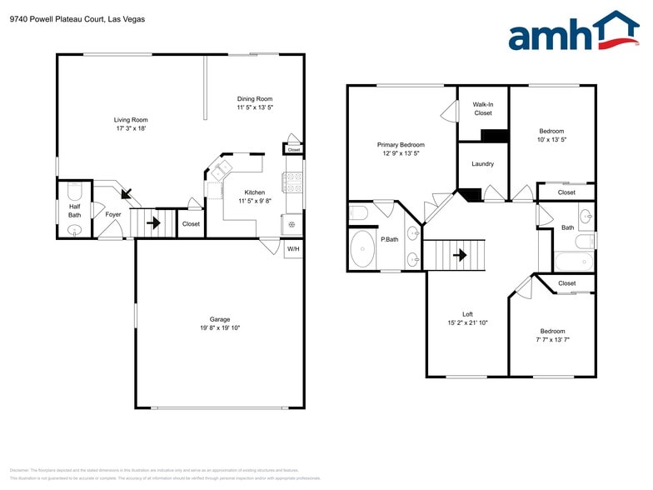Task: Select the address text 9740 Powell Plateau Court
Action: tap(57, 18)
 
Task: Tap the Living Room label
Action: tap(130, 119)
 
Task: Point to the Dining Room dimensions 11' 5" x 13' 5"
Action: tap(255, 107)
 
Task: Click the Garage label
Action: tap(220, 319)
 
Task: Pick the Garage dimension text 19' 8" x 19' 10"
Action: tap(220, 328)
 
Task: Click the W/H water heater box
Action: tap(293, 249)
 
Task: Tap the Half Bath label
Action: tap(75, 211)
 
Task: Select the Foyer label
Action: tap(113, 215)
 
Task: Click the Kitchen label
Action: tap(255, 192)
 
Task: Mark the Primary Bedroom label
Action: tap(401, 144)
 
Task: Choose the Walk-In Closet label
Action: tap(483, 108)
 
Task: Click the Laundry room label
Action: tap(483, 164)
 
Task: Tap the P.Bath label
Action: tap(388, 240)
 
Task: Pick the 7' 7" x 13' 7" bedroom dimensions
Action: tap(551, 340)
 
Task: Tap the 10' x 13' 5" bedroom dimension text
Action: tap(551, 140)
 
